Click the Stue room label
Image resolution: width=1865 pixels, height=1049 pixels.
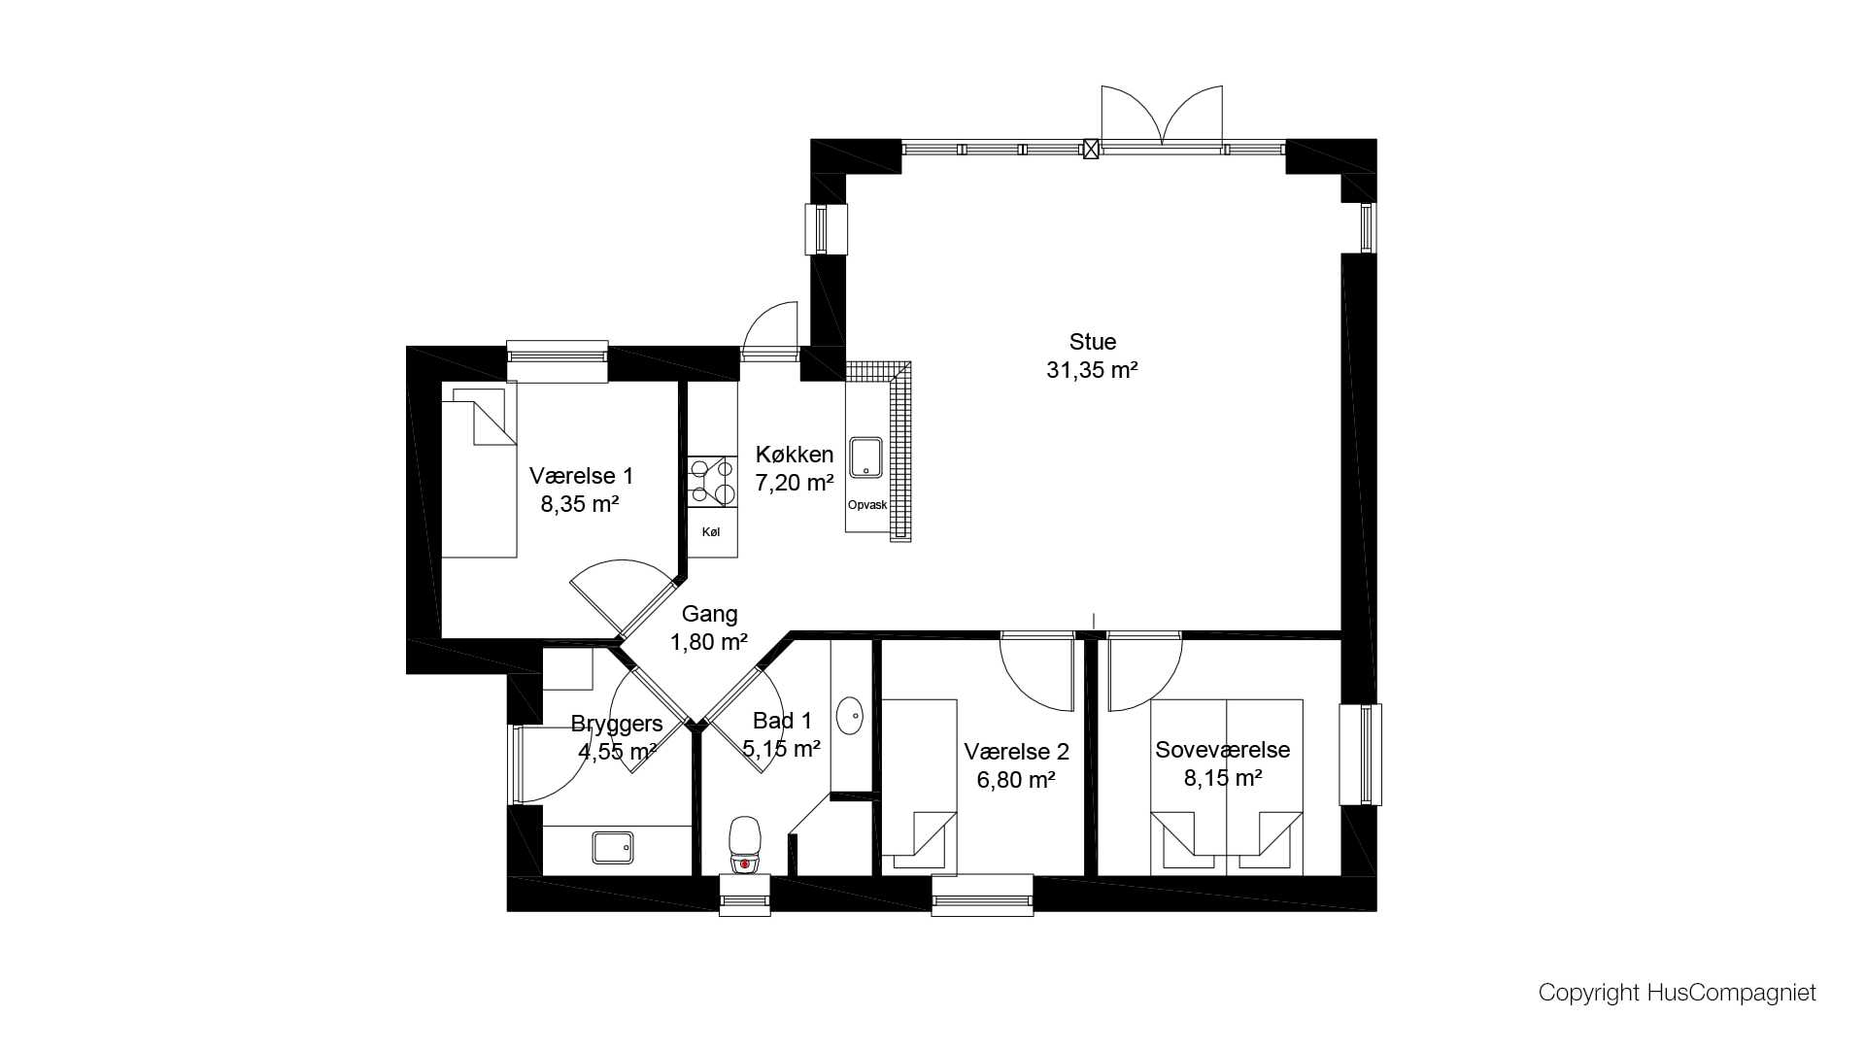tap(1093, 342)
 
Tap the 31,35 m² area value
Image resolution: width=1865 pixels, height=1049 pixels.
tap(1092, 370)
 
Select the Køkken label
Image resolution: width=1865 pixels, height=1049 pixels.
tap(795, 455)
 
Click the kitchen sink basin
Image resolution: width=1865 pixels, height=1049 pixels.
tap(865, 457)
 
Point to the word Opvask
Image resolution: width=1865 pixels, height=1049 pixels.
tap(867, 505)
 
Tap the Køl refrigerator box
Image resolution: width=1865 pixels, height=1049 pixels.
tap(712, 532)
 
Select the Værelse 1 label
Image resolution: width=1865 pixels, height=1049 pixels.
tap(581, 476)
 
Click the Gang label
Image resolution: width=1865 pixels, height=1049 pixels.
tap(709, 614)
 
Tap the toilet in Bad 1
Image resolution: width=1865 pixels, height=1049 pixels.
tap(745, 844)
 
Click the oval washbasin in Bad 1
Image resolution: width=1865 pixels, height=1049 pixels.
tap(850, 715)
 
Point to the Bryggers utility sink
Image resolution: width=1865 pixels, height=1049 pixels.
tap(613, 847)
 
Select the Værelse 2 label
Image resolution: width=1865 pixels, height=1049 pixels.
tap(1016, 752)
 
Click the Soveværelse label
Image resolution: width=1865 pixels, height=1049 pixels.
tap(1222, 750)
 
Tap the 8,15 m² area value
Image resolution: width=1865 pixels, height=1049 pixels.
tap(1222, 778)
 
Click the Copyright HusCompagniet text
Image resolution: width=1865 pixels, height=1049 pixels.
tap(1677, 993)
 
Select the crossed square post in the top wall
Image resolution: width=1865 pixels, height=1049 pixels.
tap(1091, 150)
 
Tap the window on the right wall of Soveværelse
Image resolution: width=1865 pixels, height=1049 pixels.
tap(1360, 755)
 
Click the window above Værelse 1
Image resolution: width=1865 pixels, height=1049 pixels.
tap(558, 361)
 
